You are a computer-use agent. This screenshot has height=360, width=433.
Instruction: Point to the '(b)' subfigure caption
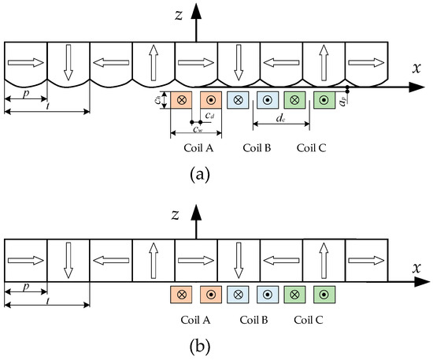(x=197, y=345)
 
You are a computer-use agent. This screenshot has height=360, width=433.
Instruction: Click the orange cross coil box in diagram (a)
(x=182, y=101)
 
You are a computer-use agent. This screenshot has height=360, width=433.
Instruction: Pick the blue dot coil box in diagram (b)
(x=268, y=295)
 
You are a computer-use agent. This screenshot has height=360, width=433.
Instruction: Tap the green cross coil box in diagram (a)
(x=294, y=101)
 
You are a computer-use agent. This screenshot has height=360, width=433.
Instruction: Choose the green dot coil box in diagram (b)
(x=324, y=295)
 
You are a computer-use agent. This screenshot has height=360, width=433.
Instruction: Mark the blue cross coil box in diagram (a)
(x=236, y=101)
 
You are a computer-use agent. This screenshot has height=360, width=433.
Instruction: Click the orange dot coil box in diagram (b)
(x=211, y=295)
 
